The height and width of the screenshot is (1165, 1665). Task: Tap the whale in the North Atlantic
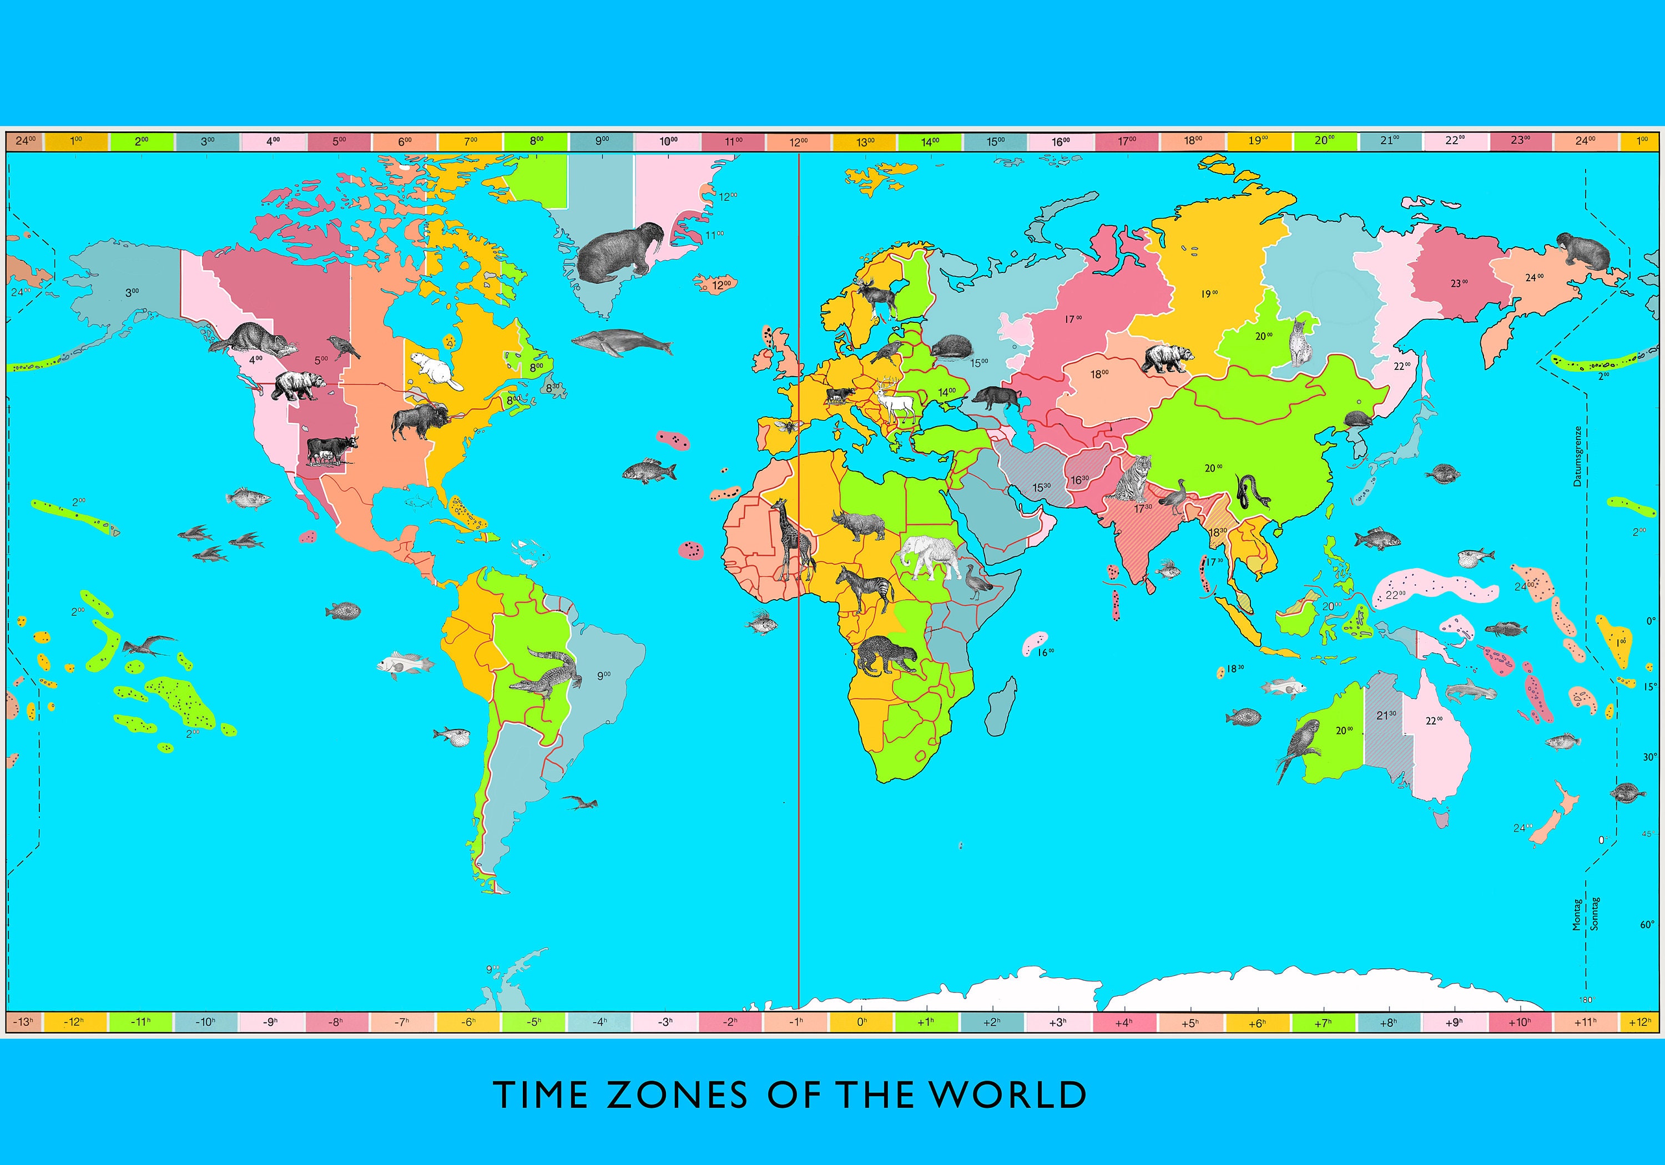[622, 342]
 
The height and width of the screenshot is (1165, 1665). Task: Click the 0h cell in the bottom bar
[861, 1022]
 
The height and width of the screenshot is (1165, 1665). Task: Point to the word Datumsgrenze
[1577, 455]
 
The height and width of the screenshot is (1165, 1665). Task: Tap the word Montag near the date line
[1577, 914]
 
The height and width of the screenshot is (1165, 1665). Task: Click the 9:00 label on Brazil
[603, 675]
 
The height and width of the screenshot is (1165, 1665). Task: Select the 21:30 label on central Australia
[1386, 716]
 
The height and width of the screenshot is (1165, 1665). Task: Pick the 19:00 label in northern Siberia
[1209, 293]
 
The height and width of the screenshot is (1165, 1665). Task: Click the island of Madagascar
[1002, 706]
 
